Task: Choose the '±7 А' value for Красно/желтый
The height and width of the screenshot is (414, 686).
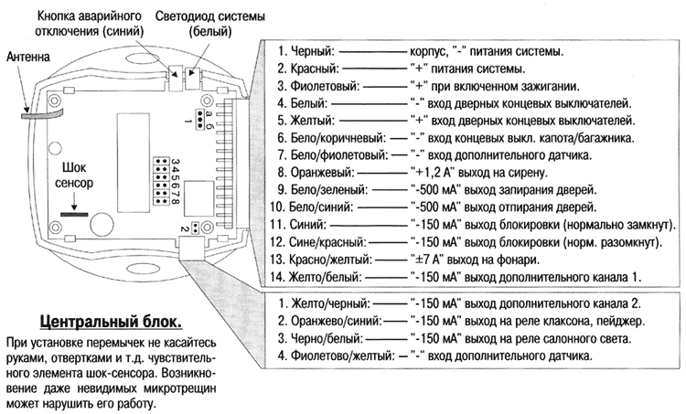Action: [420, 259]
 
